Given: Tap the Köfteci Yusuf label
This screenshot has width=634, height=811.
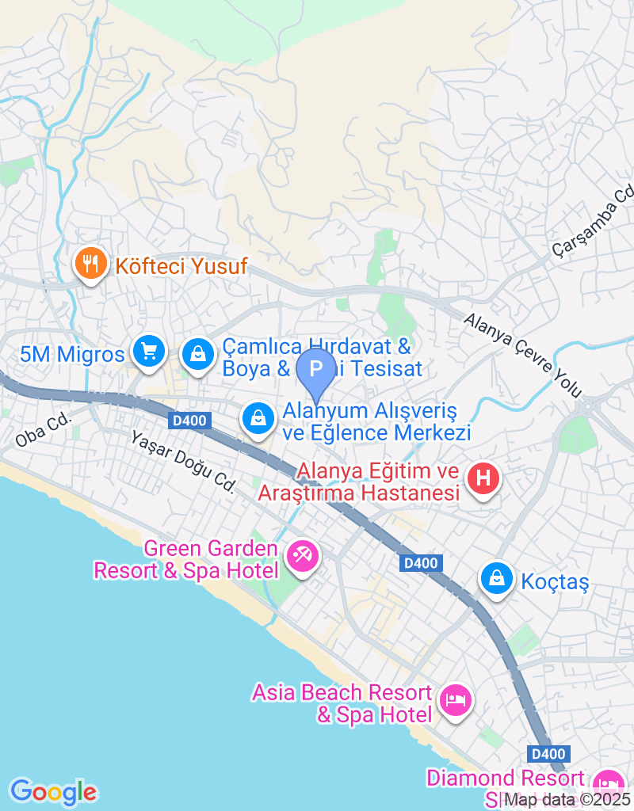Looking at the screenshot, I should pos(181,266).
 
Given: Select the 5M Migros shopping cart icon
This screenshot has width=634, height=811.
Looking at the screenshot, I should pos(148,351).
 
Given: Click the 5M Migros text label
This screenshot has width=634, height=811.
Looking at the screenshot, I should pos(72,353).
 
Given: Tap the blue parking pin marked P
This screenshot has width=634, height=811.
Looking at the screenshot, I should pos(316,370).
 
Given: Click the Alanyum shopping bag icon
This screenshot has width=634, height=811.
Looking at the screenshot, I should pos(258,420).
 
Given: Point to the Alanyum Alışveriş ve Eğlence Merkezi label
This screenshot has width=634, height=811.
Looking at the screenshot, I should pos(377,422).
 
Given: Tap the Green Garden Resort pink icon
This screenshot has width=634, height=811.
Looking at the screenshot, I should pos(301,556).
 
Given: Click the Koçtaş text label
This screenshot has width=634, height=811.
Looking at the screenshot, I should pos(555,582).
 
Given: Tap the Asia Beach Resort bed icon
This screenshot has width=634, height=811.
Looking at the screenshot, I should pos(456,700).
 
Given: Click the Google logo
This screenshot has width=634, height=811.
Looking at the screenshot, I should pos(53,791).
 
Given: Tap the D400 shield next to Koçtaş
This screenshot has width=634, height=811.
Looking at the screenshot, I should pos(420,563).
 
